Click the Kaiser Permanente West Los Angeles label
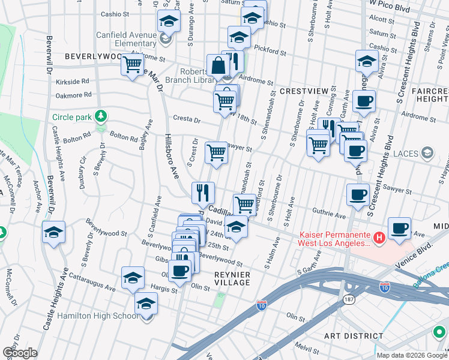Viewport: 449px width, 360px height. [334, 239]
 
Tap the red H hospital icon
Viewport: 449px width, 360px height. [379, 239]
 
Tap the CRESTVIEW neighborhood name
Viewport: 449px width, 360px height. [304, 91]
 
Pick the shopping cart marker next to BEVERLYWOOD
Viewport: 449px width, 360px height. [132, 64]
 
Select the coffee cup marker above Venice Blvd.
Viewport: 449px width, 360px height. [399, 228]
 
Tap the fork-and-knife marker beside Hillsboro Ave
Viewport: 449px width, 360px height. [203, 193]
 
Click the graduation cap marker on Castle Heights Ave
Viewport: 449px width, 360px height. [53, 232]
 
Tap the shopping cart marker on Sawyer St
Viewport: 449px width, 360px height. [216, 152]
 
